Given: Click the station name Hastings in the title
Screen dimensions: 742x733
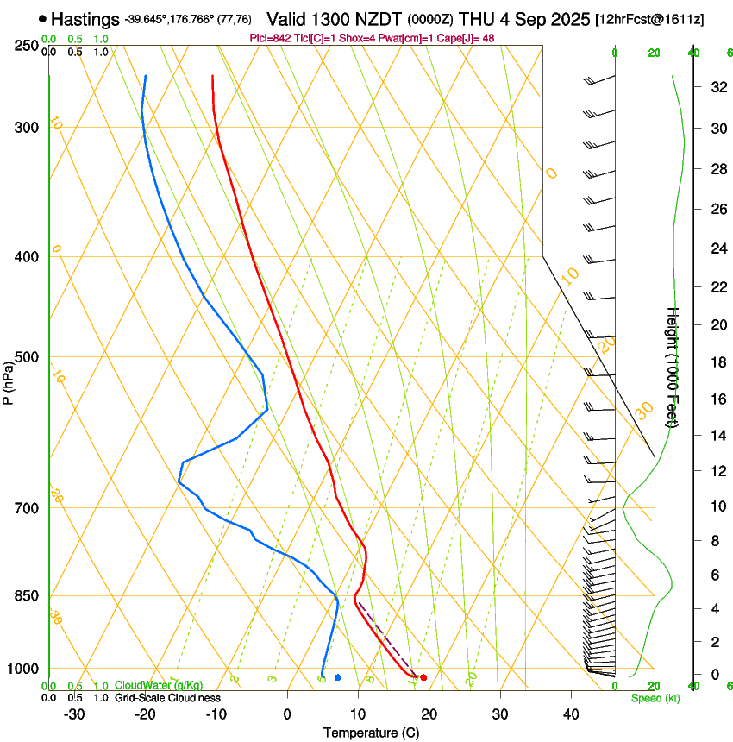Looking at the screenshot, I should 85,19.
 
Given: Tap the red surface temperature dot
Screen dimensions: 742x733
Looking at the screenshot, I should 423,677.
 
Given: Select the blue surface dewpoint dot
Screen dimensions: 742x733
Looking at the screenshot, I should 337,677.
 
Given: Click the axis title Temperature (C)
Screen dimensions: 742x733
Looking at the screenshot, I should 371,733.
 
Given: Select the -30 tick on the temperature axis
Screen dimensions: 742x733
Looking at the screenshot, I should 74,714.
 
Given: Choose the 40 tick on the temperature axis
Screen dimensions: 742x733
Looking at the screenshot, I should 570,714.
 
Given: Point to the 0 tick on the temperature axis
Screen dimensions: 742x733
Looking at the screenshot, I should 287,714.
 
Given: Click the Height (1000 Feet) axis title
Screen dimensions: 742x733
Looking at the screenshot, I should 673,367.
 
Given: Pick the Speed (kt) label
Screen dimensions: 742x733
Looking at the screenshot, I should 655,698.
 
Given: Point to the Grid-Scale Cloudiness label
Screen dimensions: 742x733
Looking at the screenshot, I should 167,698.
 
